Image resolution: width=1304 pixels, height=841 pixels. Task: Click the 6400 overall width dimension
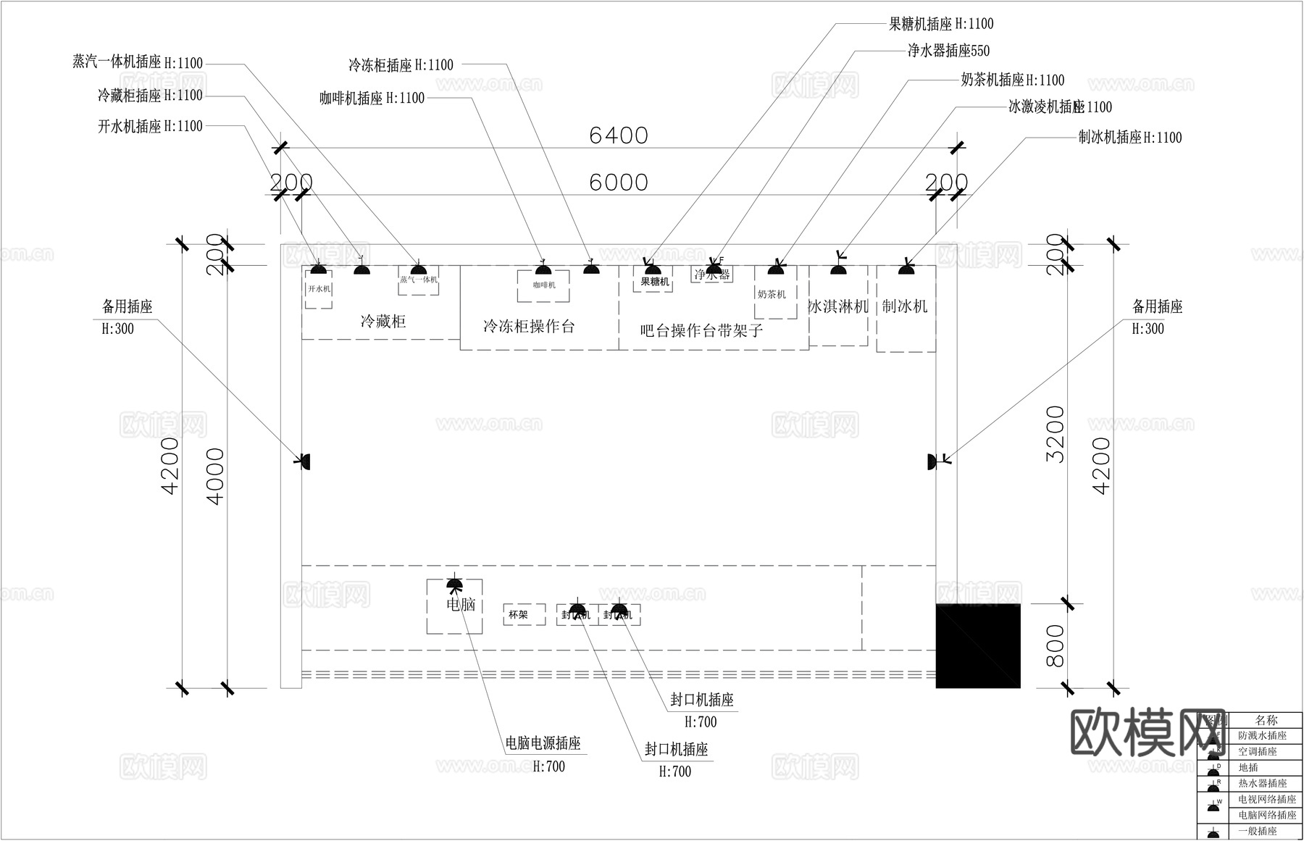pyautogui.click(x=618, y=135)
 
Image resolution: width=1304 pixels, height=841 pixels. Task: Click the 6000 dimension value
pyautogui.click(x=618, y=183)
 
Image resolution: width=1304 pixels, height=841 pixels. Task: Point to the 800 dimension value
pyautogui.click(x=1056, y=645)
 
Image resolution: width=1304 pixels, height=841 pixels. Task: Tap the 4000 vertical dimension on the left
pyautogui.click(x=216, y=476)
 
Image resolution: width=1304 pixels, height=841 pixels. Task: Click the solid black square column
pyautogui.click(x=978, y=645)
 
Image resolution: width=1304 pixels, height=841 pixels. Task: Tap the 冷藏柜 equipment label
pyautogui.click(x=383, y=322)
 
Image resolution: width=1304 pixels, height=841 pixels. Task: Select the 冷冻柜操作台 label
pyautogui.click(x=529, y=327)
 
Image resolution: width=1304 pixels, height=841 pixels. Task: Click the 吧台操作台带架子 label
pyautogui.click(x=701, y=331)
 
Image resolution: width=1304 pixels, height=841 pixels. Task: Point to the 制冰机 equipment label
pyautogui.click(x=905, y=306)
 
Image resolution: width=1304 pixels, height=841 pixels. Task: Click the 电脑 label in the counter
pyautogui.click(x=461, y=604)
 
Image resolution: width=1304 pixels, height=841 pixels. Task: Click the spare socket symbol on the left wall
pyautogui.click(x=306, y=461)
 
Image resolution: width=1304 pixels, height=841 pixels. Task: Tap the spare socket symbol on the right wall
pyautogui.click(x=932, y=461)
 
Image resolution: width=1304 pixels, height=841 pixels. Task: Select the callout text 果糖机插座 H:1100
pyautogui.click(x=941, y=24)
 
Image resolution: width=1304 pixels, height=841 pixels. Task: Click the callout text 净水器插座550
pyautogui.click(x=948, y=51)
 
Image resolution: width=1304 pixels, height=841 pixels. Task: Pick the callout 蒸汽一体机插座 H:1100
pyautogui.click(x=138, y=63)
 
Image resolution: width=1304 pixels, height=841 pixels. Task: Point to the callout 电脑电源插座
pyautogui.click(x=543, y=743)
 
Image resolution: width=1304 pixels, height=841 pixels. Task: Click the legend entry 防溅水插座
pyautogui.click(x=1262, y=735)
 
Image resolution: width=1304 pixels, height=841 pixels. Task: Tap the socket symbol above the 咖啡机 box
pyautogui.click(x=543, y=270)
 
